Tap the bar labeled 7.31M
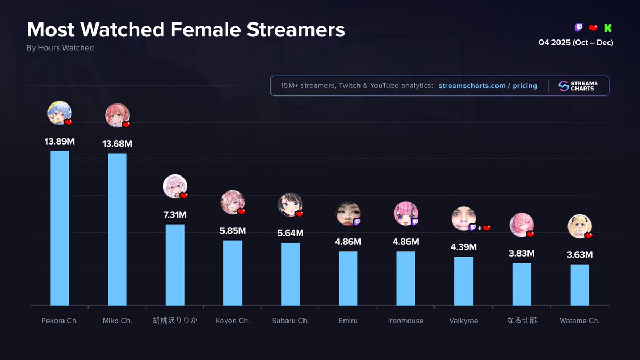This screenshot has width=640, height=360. (x=175, y=265)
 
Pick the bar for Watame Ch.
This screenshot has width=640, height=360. (x=580, y=285)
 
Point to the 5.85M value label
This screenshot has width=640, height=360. (x=233, y=231)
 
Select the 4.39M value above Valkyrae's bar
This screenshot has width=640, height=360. (x=463, y=247)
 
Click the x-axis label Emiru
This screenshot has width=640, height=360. (x=348, y=321)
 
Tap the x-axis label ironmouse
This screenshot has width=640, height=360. (x=406, y=321)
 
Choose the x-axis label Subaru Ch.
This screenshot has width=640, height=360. (x=290, y=321)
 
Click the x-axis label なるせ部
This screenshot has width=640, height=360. (x=522, y=321)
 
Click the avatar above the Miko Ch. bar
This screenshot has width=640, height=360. (x=117, y=115)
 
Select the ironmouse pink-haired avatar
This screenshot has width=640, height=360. (x=405, y=213)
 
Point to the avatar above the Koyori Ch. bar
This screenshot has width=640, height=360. (x=232, y=202)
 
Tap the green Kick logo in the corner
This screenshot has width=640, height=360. (x=608, y=28)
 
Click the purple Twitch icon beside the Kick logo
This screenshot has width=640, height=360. (x=579, y=28)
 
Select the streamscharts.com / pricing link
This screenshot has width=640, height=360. (x=487, y=86)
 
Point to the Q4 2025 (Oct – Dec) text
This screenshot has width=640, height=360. (x=575, y=43)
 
